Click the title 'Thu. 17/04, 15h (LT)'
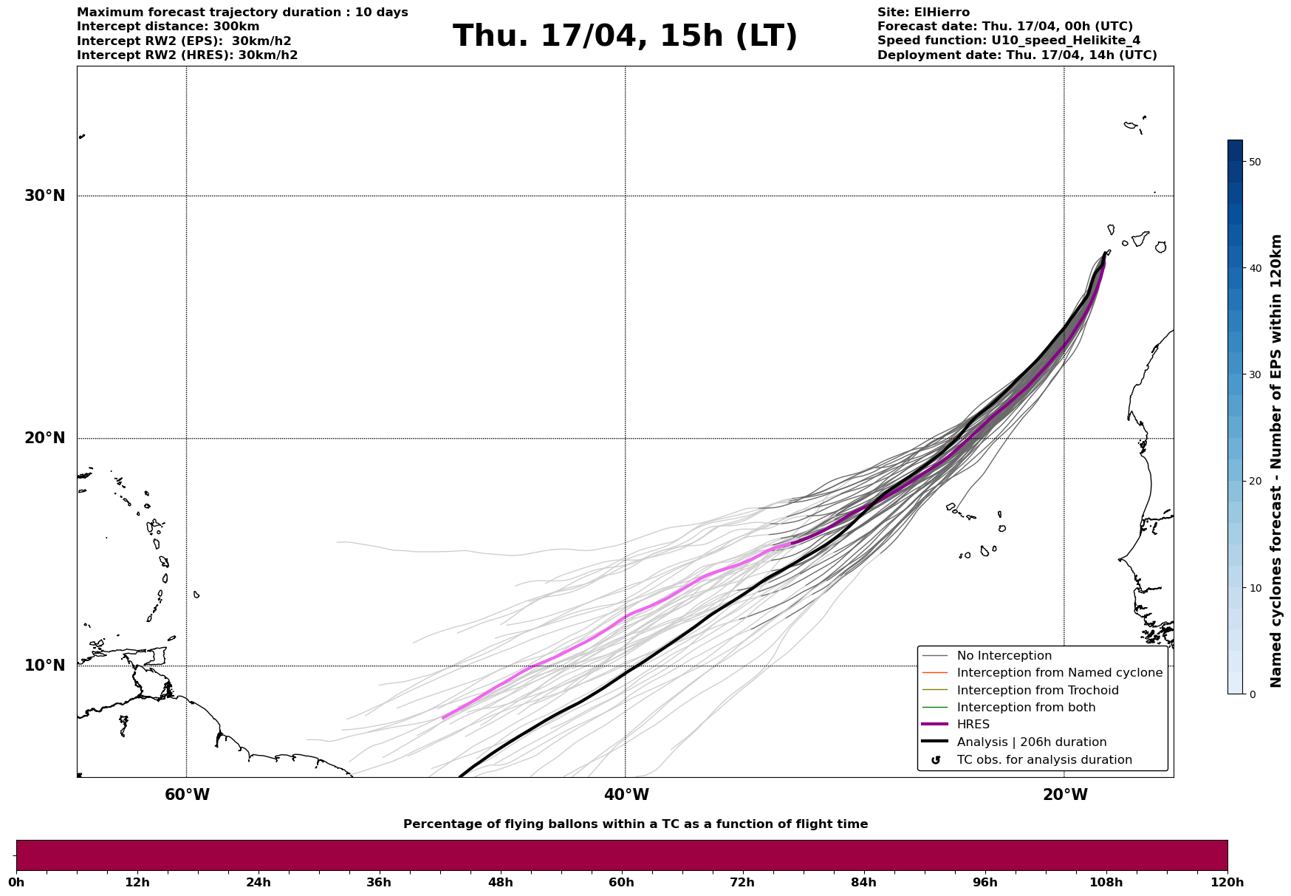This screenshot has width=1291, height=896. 625,36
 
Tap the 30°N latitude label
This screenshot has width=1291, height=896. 44,196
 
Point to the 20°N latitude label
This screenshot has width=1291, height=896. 44,438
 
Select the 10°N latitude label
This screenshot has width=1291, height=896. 44,666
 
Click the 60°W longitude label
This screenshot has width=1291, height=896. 187,795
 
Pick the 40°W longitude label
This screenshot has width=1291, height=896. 626,795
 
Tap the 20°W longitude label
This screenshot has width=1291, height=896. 1065,795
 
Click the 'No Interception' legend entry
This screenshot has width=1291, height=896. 1004,656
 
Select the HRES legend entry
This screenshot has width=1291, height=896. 973,725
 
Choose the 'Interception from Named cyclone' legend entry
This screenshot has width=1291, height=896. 1059,673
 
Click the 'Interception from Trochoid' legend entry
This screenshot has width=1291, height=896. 1037,691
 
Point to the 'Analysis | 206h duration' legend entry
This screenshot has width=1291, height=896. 1031,742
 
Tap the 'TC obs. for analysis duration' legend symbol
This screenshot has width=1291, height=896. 936,760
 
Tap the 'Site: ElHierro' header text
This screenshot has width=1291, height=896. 923,13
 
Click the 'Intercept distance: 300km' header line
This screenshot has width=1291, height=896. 168,27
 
